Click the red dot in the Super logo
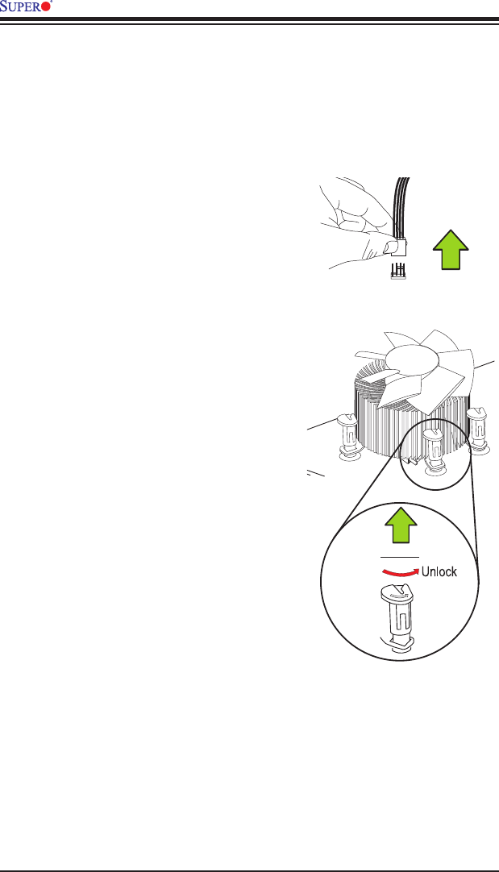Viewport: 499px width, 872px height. [x=46, y=7]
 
